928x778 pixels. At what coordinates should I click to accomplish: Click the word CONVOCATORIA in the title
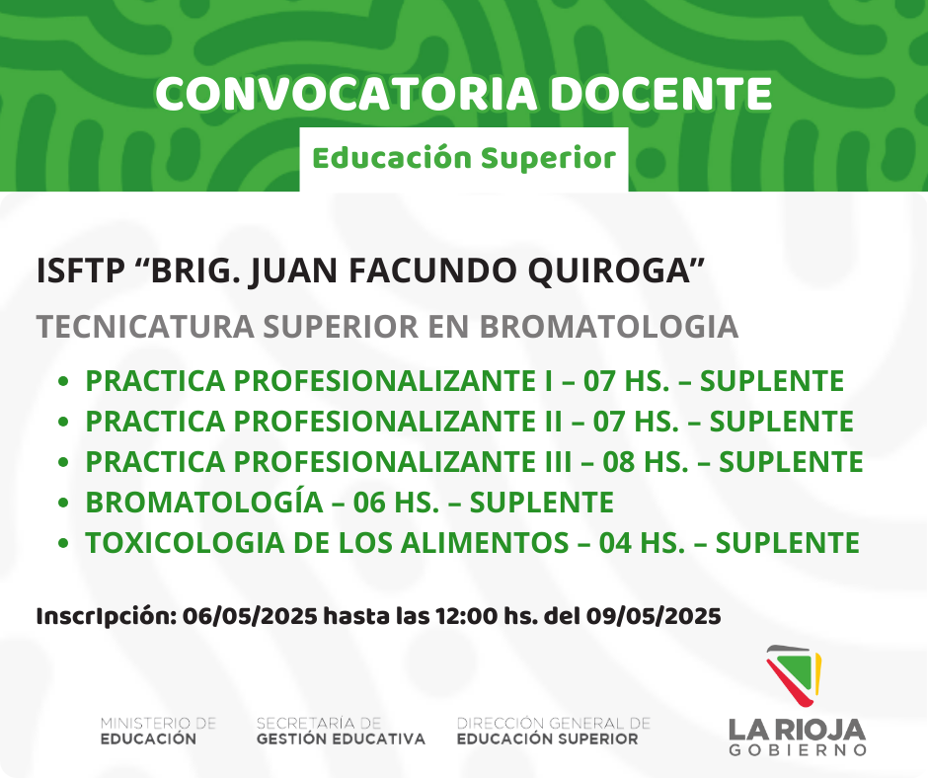[x=347, y=94]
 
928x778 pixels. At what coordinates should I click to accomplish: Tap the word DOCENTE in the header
[x=661, y=94]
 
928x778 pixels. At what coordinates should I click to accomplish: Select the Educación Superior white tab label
[x=464, y=159]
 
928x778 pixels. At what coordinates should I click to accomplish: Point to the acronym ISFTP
[x=81, y=271]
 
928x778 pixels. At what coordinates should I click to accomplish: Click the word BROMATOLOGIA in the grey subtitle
[x=608, y=326]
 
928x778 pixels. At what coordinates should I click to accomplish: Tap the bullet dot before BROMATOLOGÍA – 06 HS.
[x=64, y=503]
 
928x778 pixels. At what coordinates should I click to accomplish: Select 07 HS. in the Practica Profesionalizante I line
[x=627, y=381]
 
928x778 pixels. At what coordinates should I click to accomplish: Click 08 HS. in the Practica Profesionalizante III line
[x=646, y=462]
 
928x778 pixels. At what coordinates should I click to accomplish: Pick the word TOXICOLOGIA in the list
[x=185, y=543]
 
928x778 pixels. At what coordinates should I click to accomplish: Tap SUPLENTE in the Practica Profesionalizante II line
[x=781, y=422]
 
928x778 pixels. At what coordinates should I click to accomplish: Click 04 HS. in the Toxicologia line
[x=642, y=543]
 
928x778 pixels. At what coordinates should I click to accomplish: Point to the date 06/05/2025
[x=250, y=616]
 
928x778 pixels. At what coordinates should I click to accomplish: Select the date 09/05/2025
[x=654, y=616]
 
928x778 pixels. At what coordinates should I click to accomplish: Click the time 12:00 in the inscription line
[x=467, y=616]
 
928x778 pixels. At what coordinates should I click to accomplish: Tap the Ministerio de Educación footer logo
[x=158, y=732]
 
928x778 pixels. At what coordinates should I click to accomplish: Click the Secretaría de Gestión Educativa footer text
[x=341, y=732]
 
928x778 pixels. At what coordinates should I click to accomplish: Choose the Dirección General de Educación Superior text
[x=554, y=732]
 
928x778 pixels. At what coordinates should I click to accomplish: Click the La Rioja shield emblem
[x=794, y=675]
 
